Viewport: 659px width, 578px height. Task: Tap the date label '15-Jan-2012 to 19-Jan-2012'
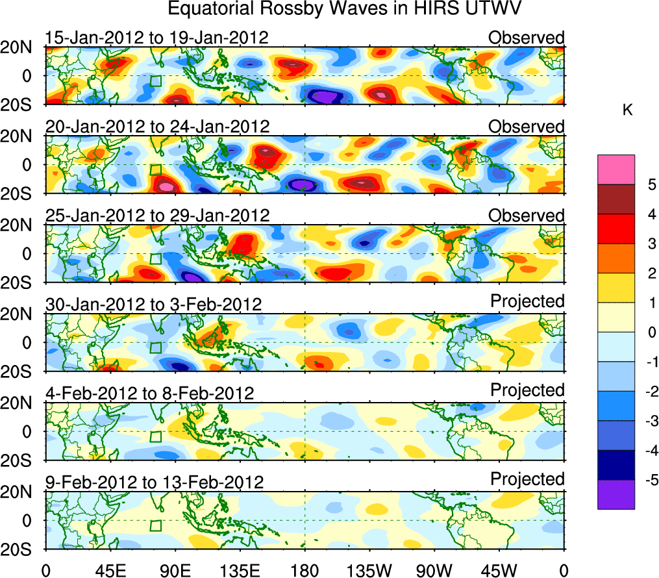click(156, 38)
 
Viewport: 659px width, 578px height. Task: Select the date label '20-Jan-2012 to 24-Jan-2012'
click(157, 126)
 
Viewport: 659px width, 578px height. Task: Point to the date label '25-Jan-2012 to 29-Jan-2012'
click(157, 215)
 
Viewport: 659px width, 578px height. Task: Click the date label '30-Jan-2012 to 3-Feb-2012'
click(153, 304)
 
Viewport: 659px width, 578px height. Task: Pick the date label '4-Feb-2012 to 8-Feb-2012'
click(149, 393)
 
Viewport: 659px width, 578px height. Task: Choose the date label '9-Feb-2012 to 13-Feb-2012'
click(154, 482)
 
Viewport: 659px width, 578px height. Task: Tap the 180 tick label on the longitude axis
click(305, 570)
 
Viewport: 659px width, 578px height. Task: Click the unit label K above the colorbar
click(627, 111)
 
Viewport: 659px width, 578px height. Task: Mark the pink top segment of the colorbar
click(615, 170)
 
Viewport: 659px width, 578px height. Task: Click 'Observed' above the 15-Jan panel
click(527, 38)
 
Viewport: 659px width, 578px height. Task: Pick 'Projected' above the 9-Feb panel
click(527, 479)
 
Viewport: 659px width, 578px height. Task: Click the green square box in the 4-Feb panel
click(155, 436)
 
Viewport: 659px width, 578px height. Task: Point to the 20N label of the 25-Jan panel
click(21, 225)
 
